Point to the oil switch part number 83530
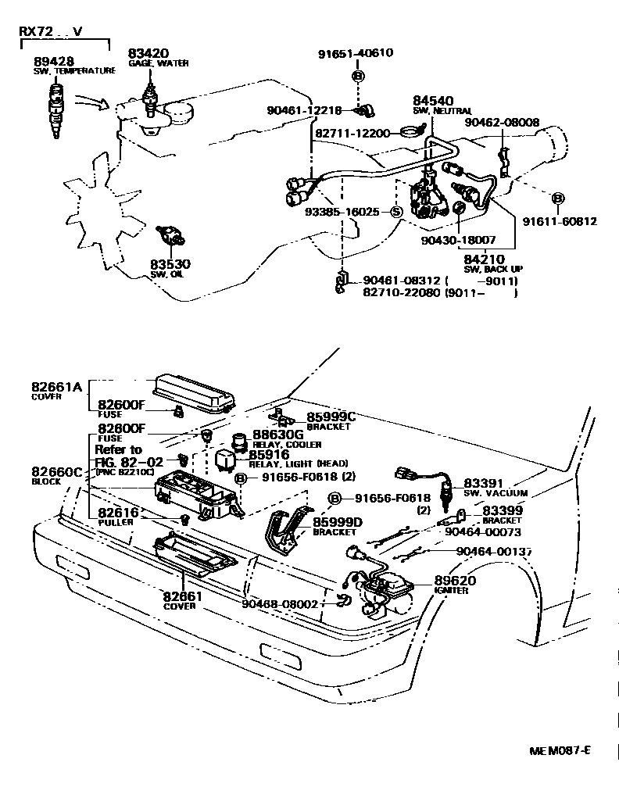(x=170, y=265)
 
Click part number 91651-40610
(x=356, y=54)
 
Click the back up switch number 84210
(x=483, y=259)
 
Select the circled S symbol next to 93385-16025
(x=395, y=212)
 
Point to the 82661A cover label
(x=57, y=386)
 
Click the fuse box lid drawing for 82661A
(x=195, y=390)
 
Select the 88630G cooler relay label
(x=277, y=435)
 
